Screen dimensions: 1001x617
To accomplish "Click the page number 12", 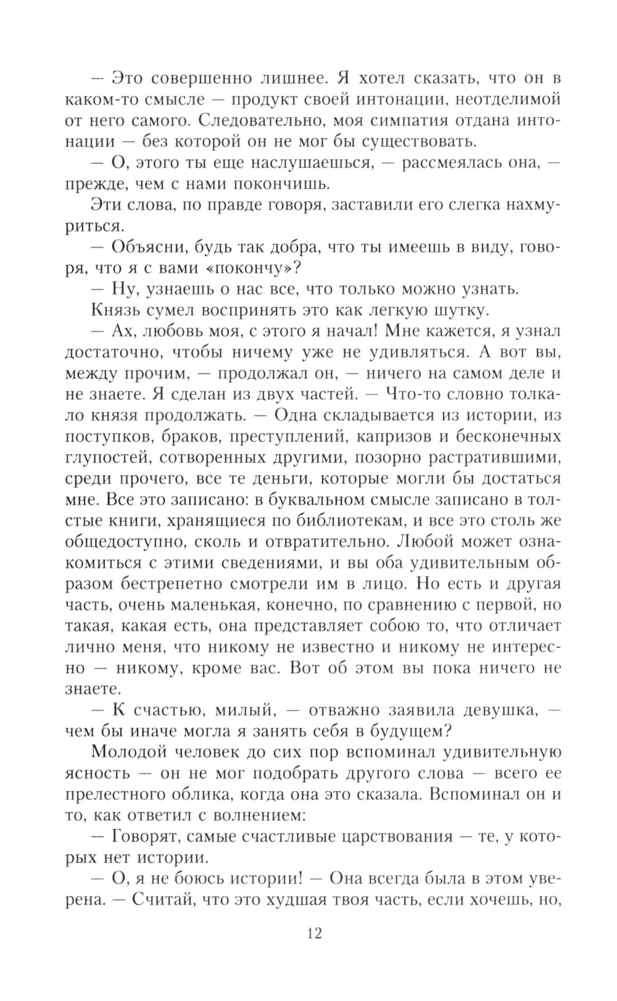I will (314, 932).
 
